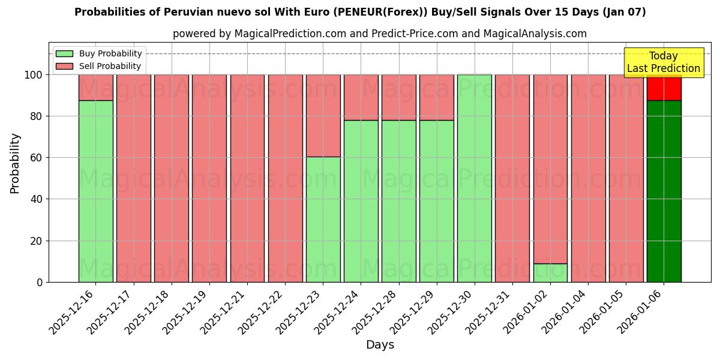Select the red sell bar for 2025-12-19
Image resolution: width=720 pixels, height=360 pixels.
point(209,178)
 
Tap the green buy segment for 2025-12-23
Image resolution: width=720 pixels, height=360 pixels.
point(323,219)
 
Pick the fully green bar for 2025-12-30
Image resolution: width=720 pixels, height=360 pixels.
point(474,178)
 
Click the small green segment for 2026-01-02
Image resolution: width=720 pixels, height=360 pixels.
point(550,272)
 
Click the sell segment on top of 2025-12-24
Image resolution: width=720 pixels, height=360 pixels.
point(361,97)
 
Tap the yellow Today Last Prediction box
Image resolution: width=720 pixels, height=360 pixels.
point(663,62)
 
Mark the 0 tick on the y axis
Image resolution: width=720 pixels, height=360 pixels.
point(40,282)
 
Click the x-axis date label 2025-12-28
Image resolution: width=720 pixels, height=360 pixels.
point(376,312)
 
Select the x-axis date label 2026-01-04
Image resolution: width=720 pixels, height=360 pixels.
point(565,312)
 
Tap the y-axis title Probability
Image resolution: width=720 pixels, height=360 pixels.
point(15,163)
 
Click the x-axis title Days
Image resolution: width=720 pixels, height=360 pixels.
point(380,345)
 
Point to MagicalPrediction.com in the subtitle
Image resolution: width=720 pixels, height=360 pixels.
point(290,34)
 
